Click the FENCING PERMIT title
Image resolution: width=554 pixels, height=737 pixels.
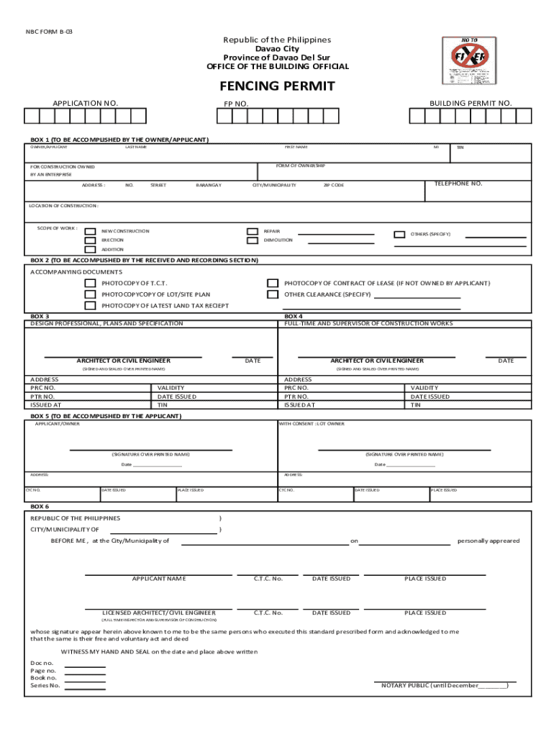277,86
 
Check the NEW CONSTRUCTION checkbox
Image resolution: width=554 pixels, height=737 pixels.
90,232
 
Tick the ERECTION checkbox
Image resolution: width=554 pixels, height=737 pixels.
90,241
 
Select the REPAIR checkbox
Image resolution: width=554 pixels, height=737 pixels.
252,232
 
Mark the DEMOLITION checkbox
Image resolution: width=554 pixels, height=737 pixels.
252,240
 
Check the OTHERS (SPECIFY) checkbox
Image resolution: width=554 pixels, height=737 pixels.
399,235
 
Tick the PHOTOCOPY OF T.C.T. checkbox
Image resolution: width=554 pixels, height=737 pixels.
90,284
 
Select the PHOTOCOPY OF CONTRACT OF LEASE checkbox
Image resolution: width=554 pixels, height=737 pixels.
273,284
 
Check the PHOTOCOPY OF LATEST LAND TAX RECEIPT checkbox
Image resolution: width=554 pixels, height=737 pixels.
90,306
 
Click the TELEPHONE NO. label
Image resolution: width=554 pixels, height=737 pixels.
458,184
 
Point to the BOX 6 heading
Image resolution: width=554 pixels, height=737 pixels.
40,507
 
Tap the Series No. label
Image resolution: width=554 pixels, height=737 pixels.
45,686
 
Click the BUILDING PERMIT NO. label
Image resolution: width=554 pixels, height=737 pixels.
471,104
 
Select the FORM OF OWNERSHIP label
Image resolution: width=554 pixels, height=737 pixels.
301,166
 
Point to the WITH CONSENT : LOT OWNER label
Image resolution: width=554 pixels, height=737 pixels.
312,424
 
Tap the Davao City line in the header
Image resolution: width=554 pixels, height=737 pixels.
277,49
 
